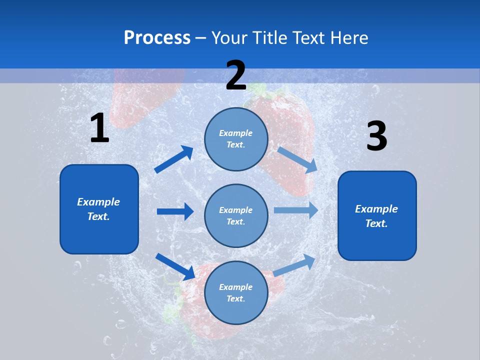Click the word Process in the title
157,38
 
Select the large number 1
99,128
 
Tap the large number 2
236,75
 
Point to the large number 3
376,136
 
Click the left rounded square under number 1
99,209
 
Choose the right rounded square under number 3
377,216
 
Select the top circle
236,138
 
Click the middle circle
236,215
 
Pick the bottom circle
236,292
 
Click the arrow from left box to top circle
174,159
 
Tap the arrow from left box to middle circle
175,211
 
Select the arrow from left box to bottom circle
175,266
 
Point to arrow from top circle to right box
297,159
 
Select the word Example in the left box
98,202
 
